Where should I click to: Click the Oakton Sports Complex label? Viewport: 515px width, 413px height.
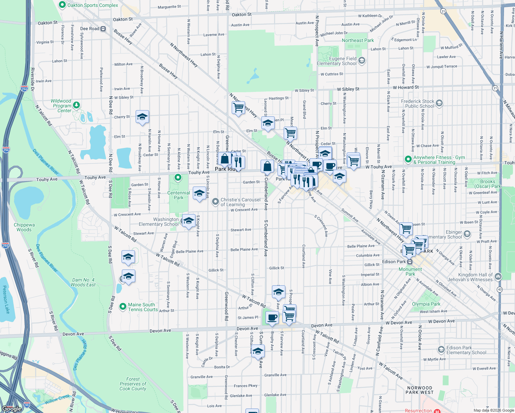pyautogui.click(x=93, y=5)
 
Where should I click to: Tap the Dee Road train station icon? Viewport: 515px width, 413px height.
pyautogui.click(x=103, y=29)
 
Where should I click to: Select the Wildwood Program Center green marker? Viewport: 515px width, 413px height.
pyautogui.click(x=76, y=105)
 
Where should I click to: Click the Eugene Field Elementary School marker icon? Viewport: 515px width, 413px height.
pyautogui.click(x=361, y=61)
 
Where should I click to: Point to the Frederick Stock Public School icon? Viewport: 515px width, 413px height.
pyautogui.click(x=439, y=103)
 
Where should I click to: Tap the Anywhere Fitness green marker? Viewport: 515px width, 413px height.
pyautogui.click(x=408, y=159)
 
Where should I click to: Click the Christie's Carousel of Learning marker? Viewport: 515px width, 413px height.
pyautogui.click(x=216, y=202)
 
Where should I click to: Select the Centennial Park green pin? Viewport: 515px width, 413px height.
pyautogui.click(x=178, y=178)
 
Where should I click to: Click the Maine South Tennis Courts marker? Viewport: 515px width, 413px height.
pyautogui.click(x=123, y=306)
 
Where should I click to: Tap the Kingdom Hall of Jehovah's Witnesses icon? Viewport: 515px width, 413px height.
pyautogui.click(x=498, y=276)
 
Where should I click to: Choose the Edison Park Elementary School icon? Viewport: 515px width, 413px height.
pyautogui.click(x=441, y=350)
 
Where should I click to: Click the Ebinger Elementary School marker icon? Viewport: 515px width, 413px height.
pyautogui.click(x=467, y=234)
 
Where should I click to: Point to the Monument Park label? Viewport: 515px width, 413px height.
pyautogui.click(x=410, y=272)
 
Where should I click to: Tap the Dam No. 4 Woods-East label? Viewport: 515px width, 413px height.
pyautogui.click(x=83, y=282)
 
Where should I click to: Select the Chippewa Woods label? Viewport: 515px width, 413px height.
pyautogui.click(x=24, y=227)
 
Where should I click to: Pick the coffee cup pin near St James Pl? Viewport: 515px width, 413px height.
pyautogui.click(x=272, y=317)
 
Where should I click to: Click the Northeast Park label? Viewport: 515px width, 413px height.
pyautogui.click(x=358, y=40)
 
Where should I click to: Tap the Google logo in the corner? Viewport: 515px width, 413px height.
pyautogui.click(x=11, y=409)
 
